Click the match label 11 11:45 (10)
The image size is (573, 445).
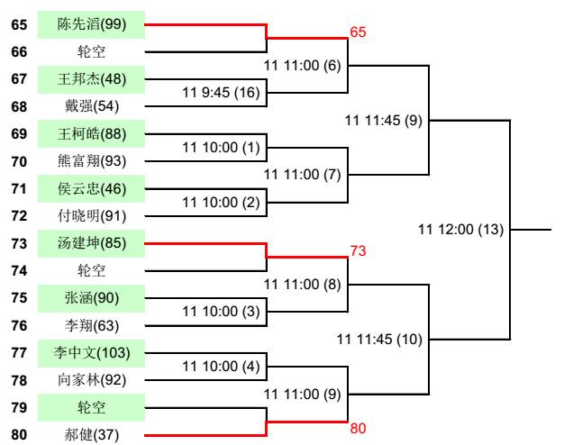378,339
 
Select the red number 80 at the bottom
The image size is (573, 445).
358,429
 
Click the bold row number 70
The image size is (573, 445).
19,161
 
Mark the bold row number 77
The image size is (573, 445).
19,352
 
